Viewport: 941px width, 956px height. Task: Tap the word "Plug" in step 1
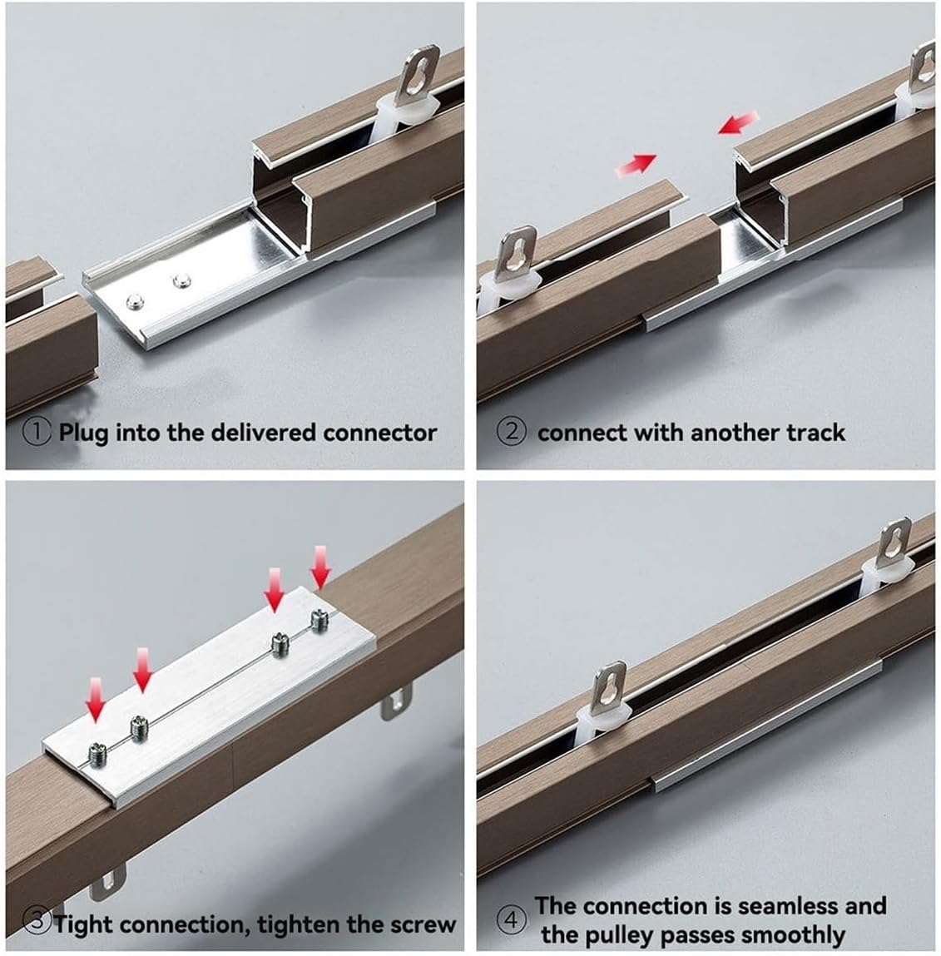(83, 433)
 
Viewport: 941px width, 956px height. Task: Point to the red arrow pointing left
(738, 123)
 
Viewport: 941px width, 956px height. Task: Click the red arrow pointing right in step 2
(635, 164)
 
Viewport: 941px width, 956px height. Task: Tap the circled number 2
(512, 433)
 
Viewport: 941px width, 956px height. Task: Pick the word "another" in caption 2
(742, 433)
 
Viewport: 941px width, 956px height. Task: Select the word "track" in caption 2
(817, 433)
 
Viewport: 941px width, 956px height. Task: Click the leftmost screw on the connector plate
(98, 753)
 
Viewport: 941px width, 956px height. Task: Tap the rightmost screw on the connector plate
(317, 618)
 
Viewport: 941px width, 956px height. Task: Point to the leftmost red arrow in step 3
(98, 699)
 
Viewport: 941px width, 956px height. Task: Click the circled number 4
(511, 920)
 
